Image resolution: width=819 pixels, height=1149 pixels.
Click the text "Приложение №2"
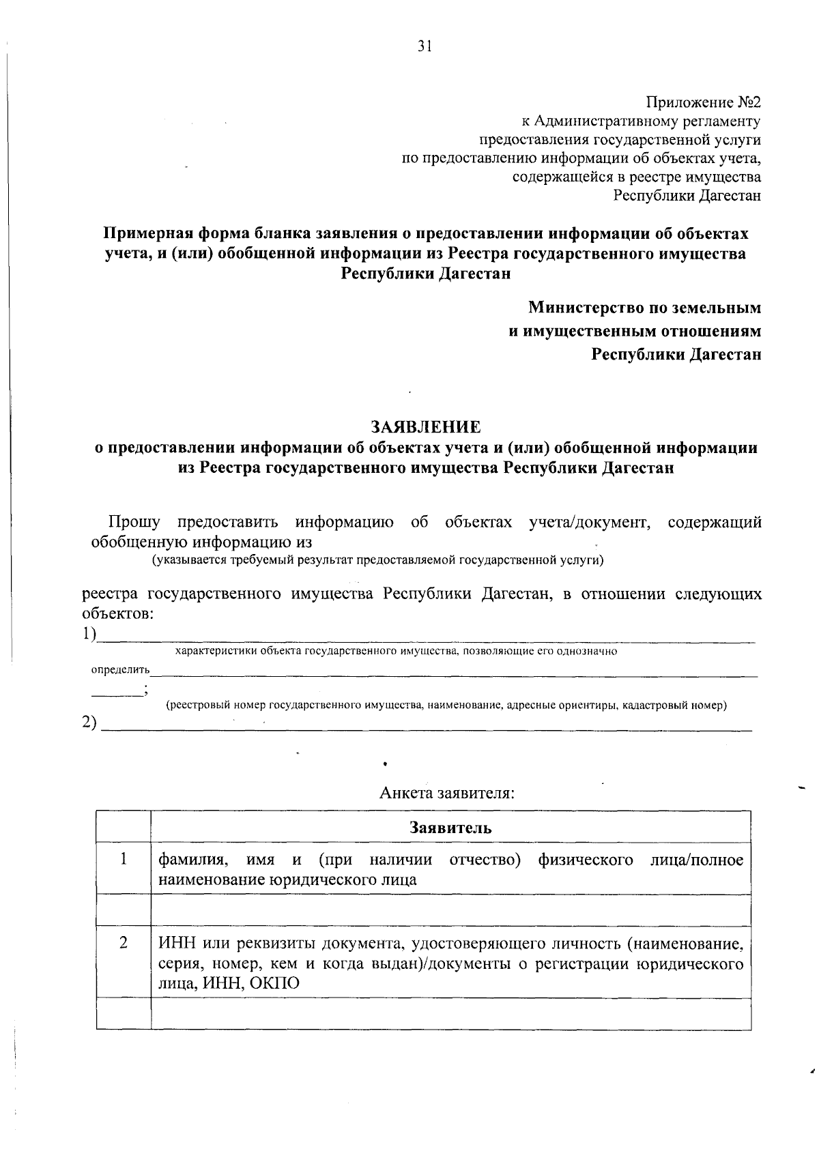coord(703,103)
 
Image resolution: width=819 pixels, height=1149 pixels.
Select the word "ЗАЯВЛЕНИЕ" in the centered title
coord(425,427)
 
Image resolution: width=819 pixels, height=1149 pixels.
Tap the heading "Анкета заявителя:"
coord(446,794)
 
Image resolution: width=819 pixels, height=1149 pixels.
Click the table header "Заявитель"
coord(450,828)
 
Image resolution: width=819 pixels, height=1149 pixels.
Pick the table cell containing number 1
coord(124,860)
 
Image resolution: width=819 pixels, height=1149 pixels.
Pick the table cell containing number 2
coord(124,944)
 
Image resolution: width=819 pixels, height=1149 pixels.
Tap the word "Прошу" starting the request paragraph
coord(134,523)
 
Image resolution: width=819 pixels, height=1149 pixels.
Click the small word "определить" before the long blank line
coord(121,670)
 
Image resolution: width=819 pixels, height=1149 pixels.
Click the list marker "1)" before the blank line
coord(88,634)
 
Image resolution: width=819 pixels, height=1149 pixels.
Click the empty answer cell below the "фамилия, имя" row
coord(450,910)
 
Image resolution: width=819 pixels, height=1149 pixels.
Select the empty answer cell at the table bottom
coord(450,1014)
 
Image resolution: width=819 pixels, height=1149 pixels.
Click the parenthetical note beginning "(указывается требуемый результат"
coord(377,560)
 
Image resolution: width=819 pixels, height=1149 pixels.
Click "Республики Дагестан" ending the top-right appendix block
coord(687,196)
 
